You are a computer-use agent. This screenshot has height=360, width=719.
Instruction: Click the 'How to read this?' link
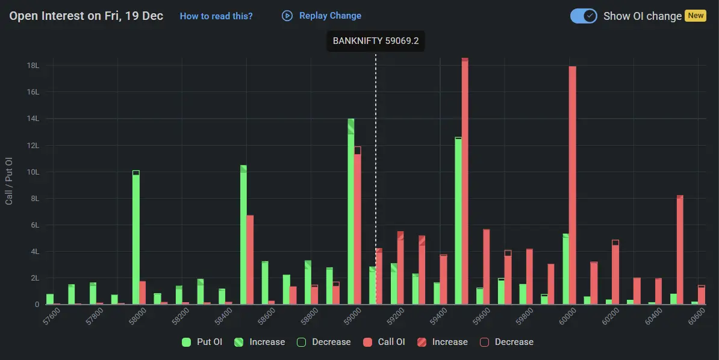(x=216, y=16)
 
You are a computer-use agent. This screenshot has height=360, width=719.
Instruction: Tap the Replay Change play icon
(x=287, y=16)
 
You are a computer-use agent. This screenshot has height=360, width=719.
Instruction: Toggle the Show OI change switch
(x=583, y=16)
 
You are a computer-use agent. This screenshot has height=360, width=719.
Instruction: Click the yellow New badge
(x=696, y=16)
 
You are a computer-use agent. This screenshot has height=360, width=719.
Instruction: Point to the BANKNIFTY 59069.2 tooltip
(x=376, y=42)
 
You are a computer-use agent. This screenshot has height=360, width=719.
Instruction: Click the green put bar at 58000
(x=136, y=238)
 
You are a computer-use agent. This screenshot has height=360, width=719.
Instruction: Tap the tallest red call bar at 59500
(x=465, y=181)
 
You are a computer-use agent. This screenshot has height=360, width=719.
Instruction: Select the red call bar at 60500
(x=680, y=250)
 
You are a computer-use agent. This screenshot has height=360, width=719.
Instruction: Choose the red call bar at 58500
(x=250, y=259)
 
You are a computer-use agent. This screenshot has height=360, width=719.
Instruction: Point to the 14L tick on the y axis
(x=32, y=119)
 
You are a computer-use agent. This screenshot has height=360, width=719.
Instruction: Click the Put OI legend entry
(x=202, y=342)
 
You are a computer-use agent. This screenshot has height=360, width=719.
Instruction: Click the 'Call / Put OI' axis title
(x=9, y=181)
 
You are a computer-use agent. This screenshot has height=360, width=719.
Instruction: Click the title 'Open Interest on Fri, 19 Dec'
(x=86, y=16)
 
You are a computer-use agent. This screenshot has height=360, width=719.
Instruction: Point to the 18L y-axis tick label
(x=32, y=65)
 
